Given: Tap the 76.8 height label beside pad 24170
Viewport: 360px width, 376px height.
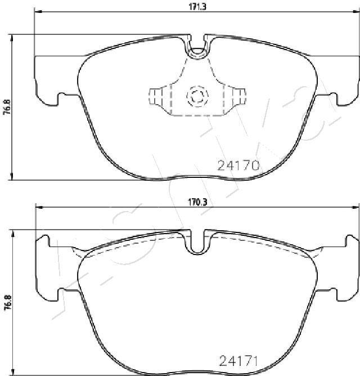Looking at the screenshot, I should point(7,107).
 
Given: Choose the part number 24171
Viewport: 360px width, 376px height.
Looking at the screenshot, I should point(238,361).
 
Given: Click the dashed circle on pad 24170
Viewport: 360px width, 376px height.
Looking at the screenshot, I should point(196,97).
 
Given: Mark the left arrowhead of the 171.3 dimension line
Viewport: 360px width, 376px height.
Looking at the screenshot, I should point(38,12).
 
